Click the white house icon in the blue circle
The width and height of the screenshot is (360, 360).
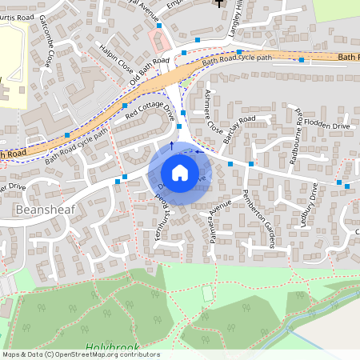click(180, 173)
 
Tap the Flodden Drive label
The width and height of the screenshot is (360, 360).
click(330, 126)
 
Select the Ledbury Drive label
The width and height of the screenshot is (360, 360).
click(314, 206)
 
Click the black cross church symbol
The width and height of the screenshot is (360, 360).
click(220, 4)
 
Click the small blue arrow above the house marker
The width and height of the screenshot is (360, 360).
click(170, 146)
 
